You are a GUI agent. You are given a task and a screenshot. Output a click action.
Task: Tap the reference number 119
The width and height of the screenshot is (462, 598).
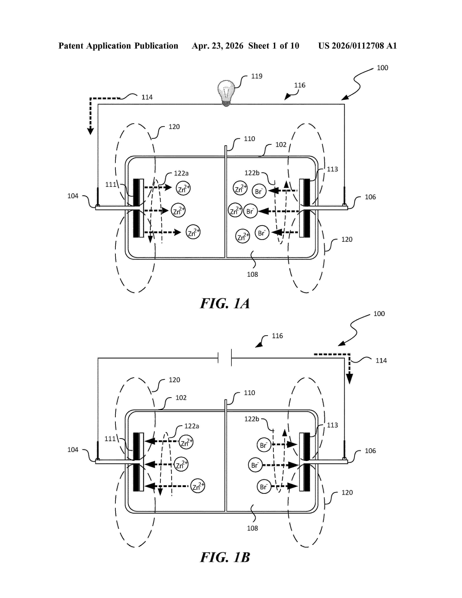257,76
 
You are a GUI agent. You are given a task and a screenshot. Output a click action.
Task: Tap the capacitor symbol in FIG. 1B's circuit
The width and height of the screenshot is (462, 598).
225,358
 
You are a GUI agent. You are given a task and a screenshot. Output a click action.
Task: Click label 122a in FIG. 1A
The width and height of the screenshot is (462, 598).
181,173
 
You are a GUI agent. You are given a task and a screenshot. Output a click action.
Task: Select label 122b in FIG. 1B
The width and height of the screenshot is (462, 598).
251,419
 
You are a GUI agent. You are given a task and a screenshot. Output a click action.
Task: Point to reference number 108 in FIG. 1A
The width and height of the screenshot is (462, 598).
252,274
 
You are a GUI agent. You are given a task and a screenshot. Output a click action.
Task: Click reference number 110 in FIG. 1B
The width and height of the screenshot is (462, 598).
249,393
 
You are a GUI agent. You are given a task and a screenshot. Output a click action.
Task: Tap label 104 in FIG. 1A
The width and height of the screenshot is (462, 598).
73,196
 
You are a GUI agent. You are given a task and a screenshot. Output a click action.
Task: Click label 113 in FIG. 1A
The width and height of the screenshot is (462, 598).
332,169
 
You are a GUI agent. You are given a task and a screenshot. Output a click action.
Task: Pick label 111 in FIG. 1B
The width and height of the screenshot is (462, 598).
110,439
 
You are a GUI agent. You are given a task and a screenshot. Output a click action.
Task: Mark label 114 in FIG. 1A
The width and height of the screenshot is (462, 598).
147,97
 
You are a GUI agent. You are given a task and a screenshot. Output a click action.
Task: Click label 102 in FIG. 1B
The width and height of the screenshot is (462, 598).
181,398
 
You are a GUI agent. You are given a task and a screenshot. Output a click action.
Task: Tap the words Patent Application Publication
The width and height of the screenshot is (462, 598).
118,46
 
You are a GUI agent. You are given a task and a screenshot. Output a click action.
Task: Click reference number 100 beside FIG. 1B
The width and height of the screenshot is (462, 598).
379,314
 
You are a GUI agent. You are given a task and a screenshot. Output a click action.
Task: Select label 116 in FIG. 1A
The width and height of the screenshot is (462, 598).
299,85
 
